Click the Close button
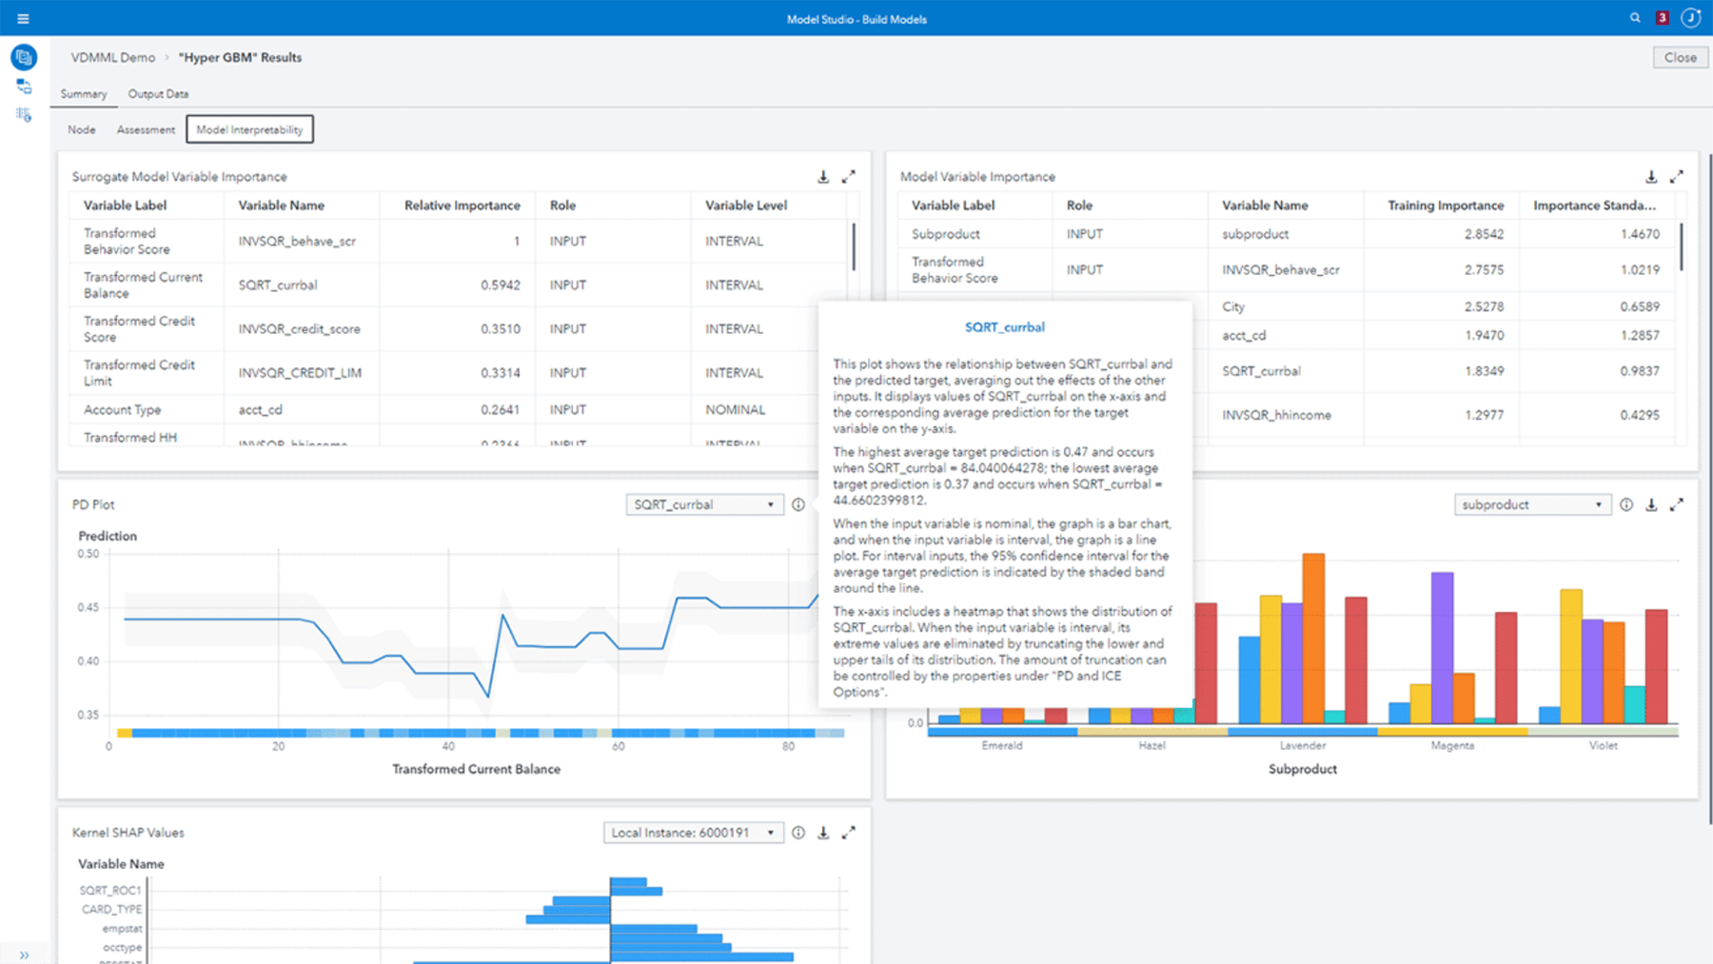click(1680, 57)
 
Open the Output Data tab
click(158, 94)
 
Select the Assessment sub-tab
click(146, 129)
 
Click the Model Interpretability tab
click(249, 129)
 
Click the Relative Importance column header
click(462, 206)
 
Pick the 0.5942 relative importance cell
click(500, 285)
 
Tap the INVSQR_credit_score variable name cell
click(299, 329)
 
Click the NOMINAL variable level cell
click(735, 410)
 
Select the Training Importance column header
click(1445, 206)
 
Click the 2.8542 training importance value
click(1484, 234)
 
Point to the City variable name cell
click(1233, 306)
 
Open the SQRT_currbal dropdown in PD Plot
click(704, 505)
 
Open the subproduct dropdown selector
click(1531, 505)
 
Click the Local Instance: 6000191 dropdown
click(693, 833)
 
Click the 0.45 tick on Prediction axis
click(88, 607)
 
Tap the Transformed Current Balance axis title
click(476, 769)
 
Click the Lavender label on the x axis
click(1302, 746)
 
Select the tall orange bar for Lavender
click(1313, 638)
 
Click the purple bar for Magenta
click(1442, 647)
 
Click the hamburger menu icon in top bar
click(23, 18)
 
